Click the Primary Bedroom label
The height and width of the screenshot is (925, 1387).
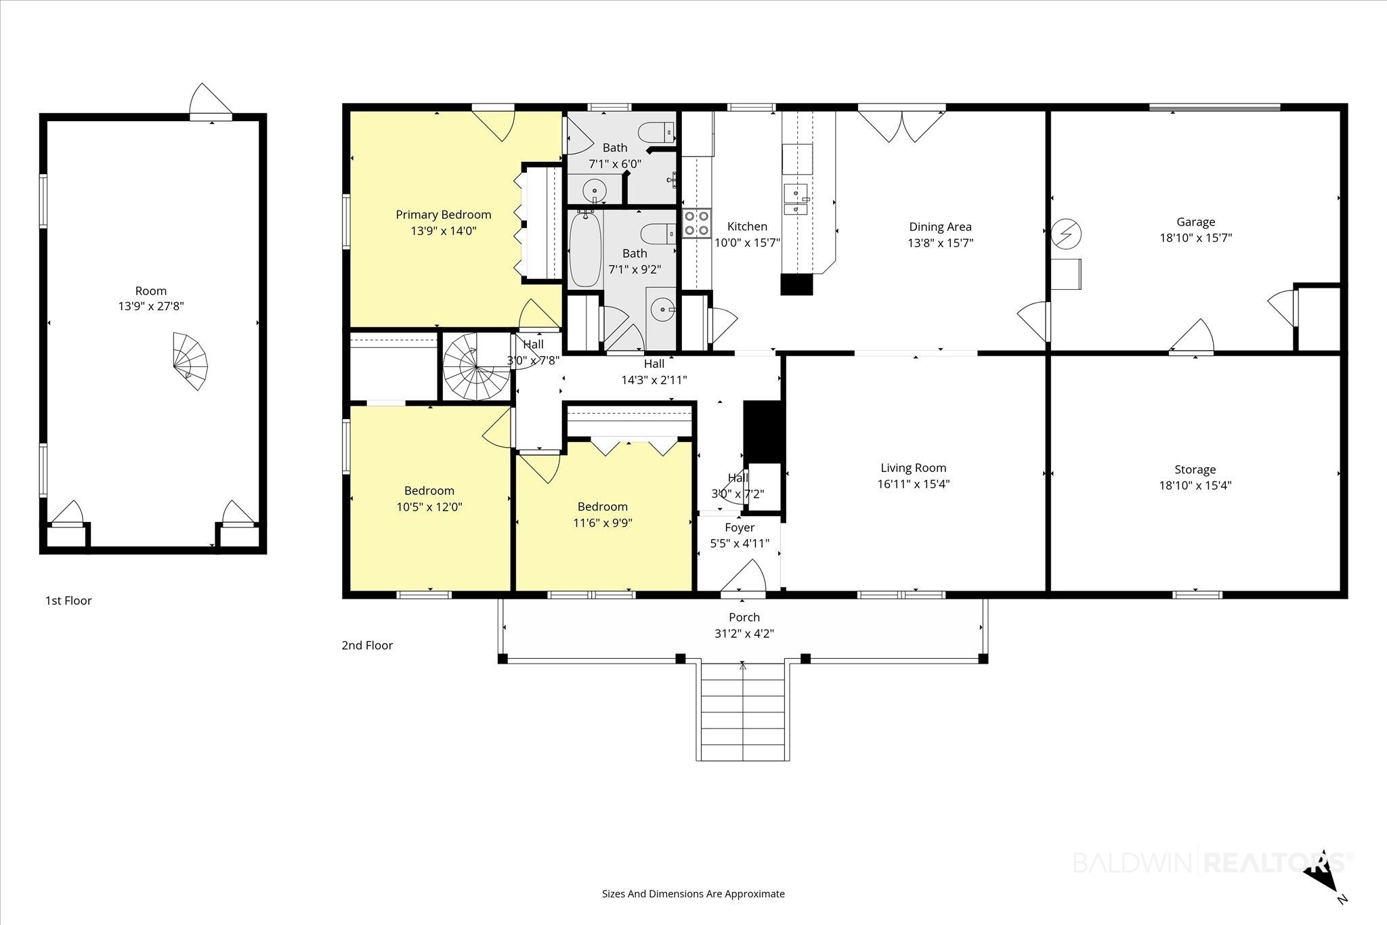pyautogui.click(x=443, y=215)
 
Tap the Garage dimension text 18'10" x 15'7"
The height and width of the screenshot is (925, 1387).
pyautogui.click(x=1195, y=238)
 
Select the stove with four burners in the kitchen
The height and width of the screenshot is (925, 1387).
pyautogui.click(x=696, y=223)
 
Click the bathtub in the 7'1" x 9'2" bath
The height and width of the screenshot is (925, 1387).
pyautogui.click(x=584, y=249)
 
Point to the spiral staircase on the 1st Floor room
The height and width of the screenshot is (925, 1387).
pyautogui.click(x=190, y=361)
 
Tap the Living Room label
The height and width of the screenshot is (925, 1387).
pyautogui.click(x=913, y=468)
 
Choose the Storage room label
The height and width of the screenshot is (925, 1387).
pyautogui.click(x=1195, y=469)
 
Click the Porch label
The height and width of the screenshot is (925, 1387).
pyautogui.click(x=744, y=618)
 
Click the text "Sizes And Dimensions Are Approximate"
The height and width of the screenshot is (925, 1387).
pyautogui.click(x=693, y=894)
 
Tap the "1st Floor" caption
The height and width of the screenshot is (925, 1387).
pyautogui.click(x=68, y=601)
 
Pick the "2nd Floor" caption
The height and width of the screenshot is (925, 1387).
pyautogui.click(x=367, y=645)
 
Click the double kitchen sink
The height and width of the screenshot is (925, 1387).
pyautogui.click(x=796, y=199)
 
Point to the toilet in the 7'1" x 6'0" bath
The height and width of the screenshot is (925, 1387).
pyautogui.click(x=659, y=131)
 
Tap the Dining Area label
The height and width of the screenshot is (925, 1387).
pyautogui.click(x=940, y=227)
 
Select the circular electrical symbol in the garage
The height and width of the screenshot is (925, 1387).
pyautogui.click(x=1066, y=234)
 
